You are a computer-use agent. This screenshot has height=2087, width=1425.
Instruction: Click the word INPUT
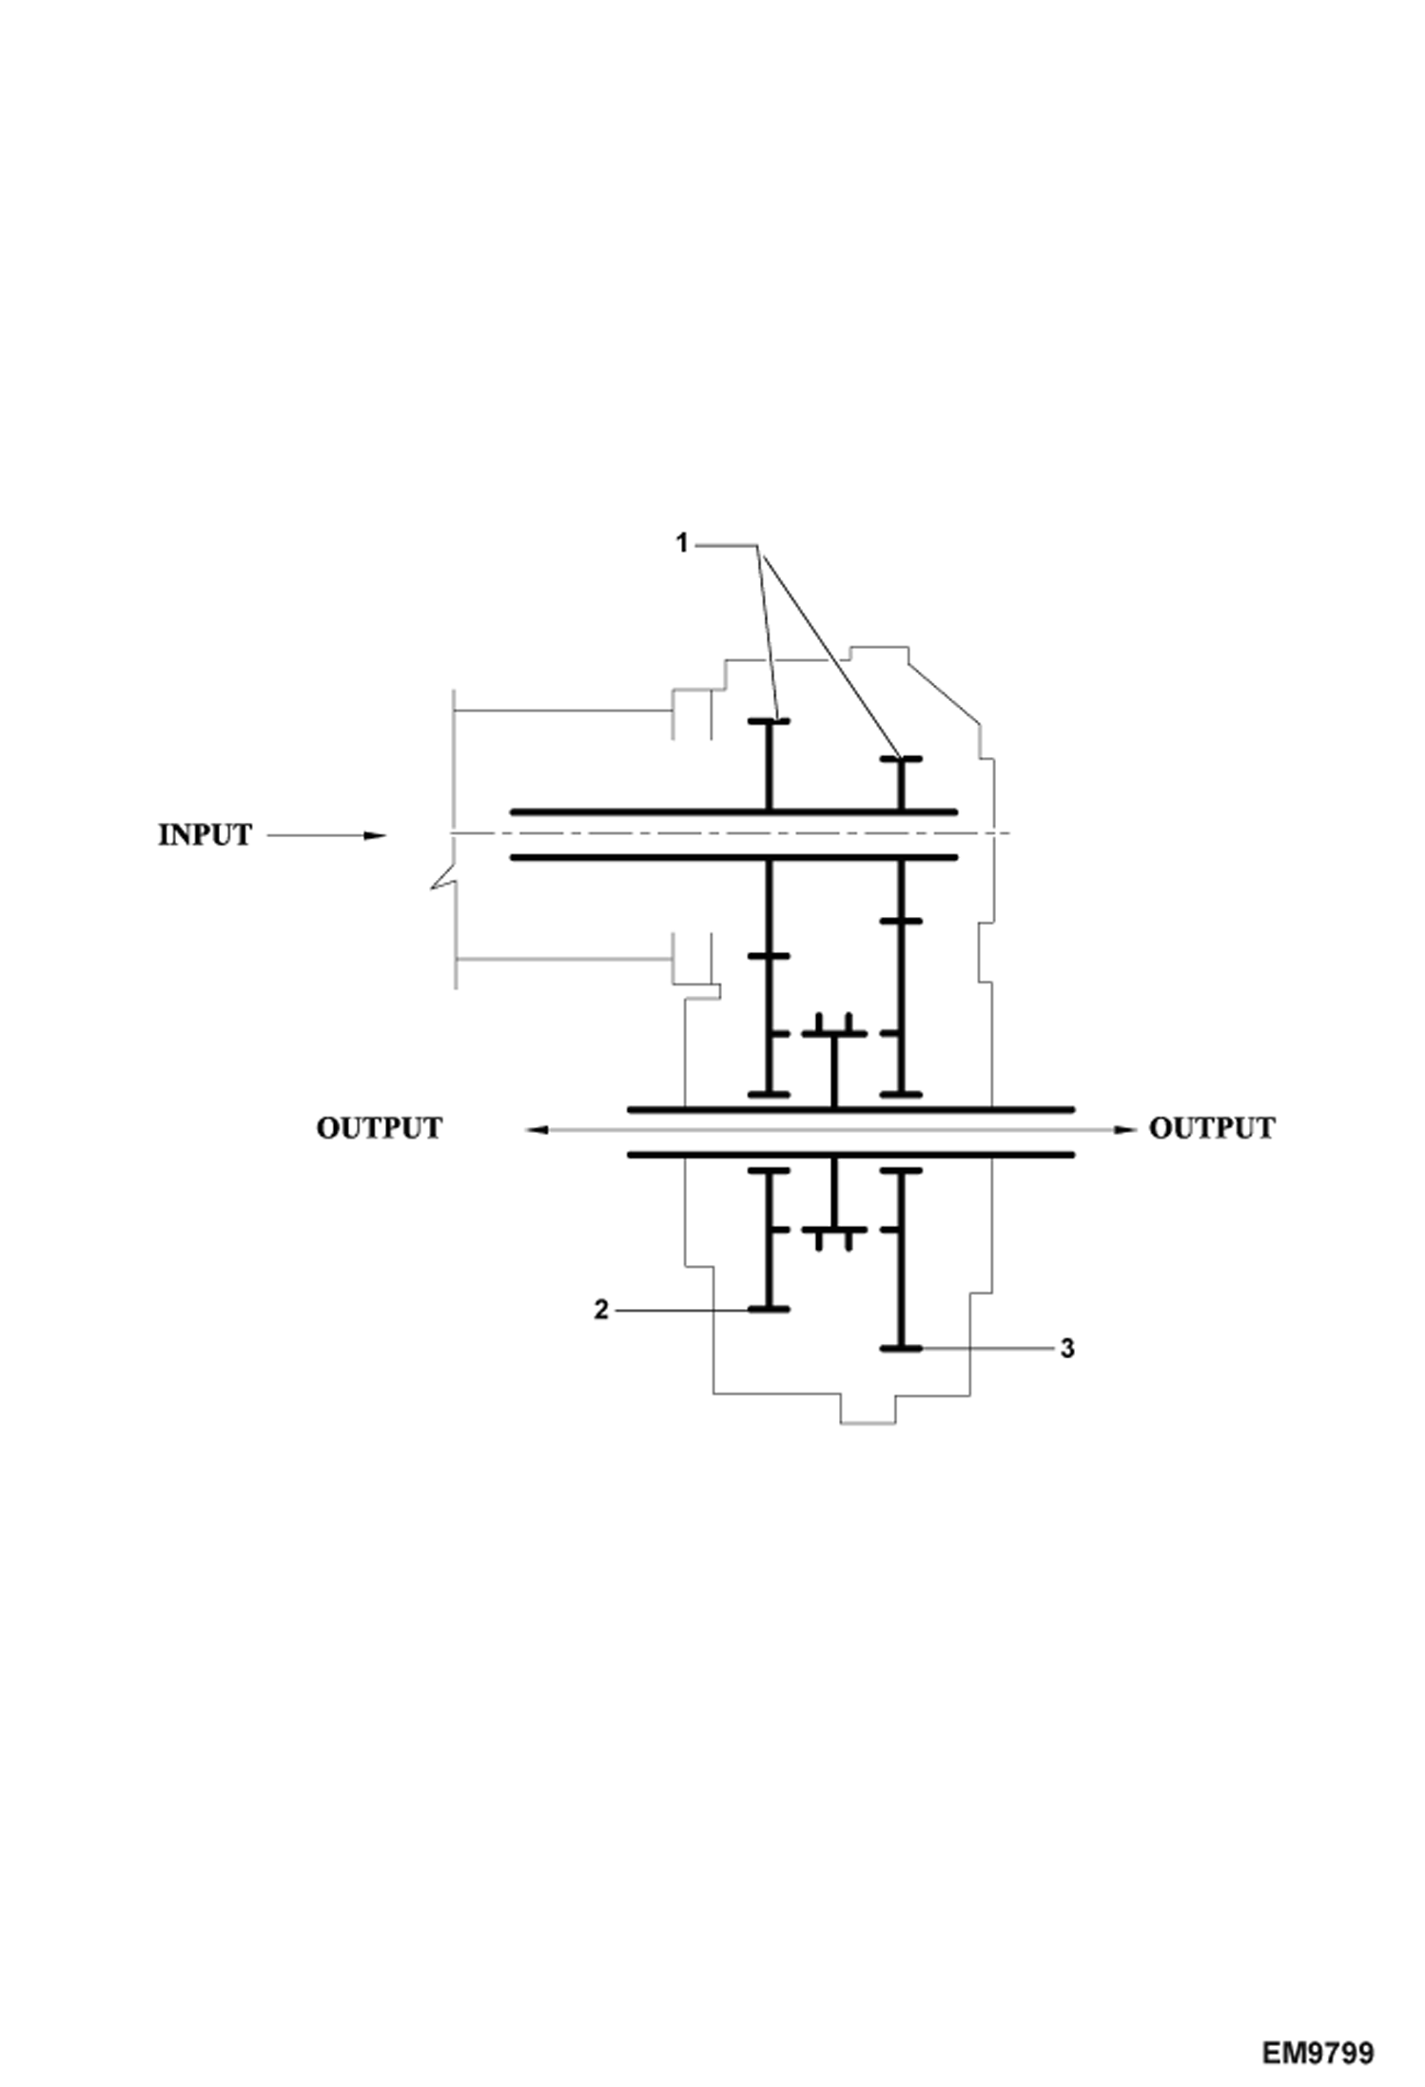coord(205,835)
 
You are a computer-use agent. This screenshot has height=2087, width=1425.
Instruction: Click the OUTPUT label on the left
coord(379,1128)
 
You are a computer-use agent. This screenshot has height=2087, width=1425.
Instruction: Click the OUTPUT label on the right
coord(1211,1128)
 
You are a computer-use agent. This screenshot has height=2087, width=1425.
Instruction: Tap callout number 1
coord(681,543)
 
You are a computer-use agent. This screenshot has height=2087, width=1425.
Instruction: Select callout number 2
coord(600,1310)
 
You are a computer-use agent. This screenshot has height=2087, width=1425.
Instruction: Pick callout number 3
coord(1067,1349)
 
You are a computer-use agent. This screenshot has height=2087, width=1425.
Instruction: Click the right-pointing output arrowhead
coord(1125,1129)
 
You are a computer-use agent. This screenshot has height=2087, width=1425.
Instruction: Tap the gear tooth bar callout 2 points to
coord(769,1310)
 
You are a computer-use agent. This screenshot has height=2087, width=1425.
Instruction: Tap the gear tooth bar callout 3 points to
coord(900,1349)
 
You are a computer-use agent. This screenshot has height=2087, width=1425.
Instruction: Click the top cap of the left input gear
coord(769,722)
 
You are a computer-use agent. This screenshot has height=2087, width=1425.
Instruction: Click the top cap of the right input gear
coord(900,759)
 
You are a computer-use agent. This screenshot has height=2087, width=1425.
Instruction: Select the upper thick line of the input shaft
coord(732,812)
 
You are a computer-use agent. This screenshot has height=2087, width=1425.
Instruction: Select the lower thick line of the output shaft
coord(850,1155)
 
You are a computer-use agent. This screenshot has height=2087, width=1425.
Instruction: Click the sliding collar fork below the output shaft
coord(833,1231)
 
